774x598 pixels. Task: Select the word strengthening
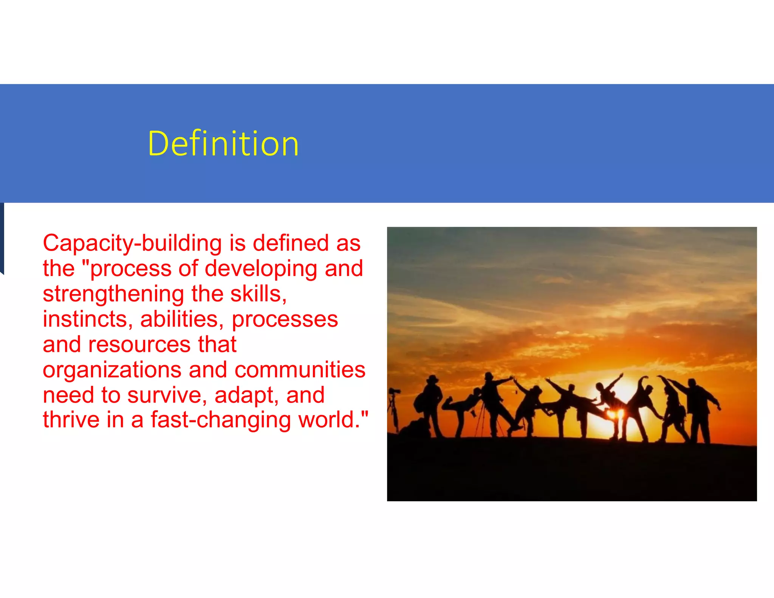click(x=113, y=294)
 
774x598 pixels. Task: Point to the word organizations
click(x=112, y=370)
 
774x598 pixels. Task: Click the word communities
click(x=300, y=370)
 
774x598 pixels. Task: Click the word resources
click(x=139, y=344)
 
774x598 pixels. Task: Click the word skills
click(x=259, y=294)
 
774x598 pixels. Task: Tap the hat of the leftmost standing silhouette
click(x=433, y=379)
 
